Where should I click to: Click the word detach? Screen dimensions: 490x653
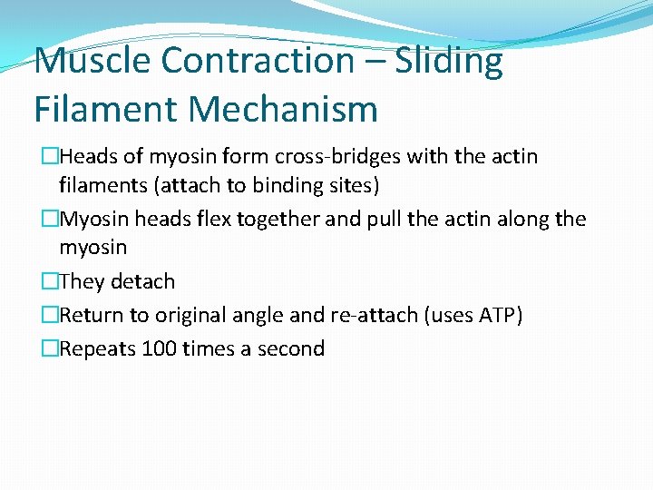point(142,282)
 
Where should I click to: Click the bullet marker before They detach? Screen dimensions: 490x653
point(50,282)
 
